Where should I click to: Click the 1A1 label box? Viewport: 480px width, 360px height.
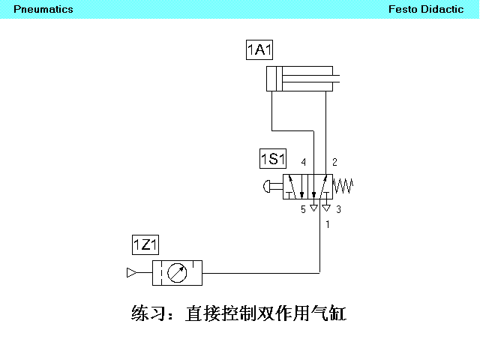[259, 49]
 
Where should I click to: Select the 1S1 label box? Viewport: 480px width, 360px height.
[273, 158]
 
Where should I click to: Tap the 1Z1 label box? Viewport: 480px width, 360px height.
[145, 244]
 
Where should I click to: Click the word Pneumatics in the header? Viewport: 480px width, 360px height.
[43, 9]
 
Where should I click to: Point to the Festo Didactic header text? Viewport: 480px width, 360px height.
[426, 9]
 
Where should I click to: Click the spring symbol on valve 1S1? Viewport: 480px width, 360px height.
[343, 185]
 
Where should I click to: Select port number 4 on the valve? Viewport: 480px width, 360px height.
[303, 162]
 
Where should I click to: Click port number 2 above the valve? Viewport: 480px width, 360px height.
[334, 162]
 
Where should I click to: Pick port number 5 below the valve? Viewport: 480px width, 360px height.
[303, 209]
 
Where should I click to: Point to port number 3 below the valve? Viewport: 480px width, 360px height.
[338, 209]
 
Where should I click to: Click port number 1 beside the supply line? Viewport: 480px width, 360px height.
[328, 224]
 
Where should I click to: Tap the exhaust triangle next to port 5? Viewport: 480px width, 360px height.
[313, 208]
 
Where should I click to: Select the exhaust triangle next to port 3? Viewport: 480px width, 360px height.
[327, 208]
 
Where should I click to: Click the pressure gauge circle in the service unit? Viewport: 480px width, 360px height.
[177, 273]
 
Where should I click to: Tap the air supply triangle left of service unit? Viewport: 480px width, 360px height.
[132, 272]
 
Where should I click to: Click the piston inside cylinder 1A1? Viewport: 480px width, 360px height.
[279, 79]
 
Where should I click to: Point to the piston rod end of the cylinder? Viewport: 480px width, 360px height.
[338, 79]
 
